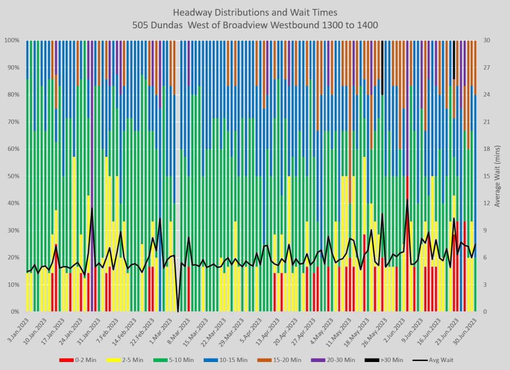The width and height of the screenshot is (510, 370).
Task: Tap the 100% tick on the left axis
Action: click(11, 40)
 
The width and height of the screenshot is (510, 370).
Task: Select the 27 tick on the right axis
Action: click(487, 68)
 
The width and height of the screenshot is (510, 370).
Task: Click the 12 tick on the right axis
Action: click(487, 203)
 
